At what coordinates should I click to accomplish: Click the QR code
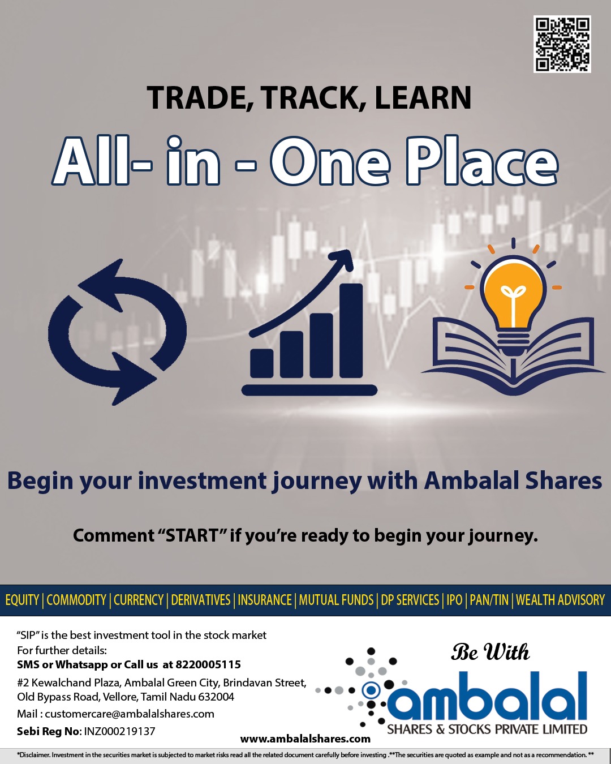click(x=562, y=44)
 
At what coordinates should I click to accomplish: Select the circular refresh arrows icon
click(x=118, y=332)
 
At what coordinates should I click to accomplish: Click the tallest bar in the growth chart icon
click(x=351, y=331)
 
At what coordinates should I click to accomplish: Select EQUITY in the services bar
click(x=21, y=600)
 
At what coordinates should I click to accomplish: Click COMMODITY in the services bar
click(x=76, y=600)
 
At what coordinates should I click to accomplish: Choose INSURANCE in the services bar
click(x=265, y=600)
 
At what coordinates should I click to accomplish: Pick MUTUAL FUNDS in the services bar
click(x=336, y=600)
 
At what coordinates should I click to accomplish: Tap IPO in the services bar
click(x=454, y=600)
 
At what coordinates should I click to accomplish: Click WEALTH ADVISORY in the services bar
click(x=560, y=600)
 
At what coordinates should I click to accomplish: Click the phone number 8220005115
click(x=208, y=664)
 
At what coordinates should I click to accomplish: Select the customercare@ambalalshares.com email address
click(x=130, y=714)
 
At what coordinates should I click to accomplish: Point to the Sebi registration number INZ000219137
click(x=119, y=731)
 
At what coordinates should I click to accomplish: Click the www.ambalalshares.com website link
click(x=305, y=739)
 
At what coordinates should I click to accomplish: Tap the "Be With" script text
click(x=490, y=652)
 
